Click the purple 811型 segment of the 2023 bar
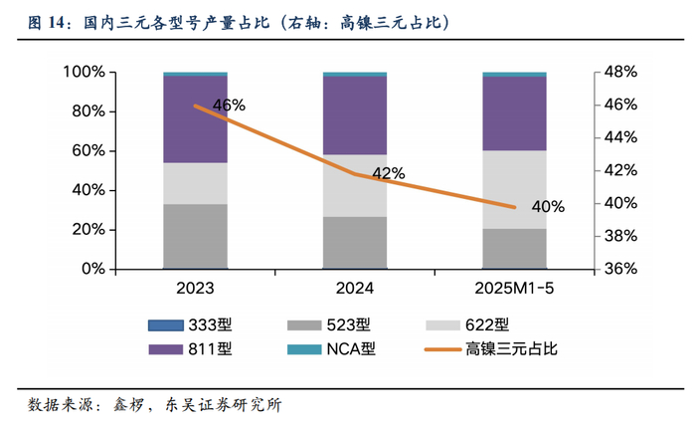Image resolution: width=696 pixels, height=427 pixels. (195, 119)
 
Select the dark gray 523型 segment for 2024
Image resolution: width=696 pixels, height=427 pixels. (355, 242)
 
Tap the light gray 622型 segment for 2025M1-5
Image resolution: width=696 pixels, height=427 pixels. (514, 189)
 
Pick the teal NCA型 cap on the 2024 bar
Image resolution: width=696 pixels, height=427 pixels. (355, 74)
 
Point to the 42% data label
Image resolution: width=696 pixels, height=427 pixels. (388, 173)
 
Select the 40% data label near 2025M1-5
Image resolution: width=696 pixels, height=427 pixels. (548, 207)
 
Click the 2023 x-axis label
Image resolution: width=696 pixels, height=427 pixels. (195, 289)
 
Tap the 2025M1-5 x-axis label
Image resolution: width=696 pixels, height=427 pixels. (514, 289)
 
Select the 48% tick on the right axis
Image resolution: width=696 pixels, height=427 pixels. (621, 72)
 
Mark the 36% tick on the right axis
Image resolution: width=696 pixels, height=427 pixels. (621, 269)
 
